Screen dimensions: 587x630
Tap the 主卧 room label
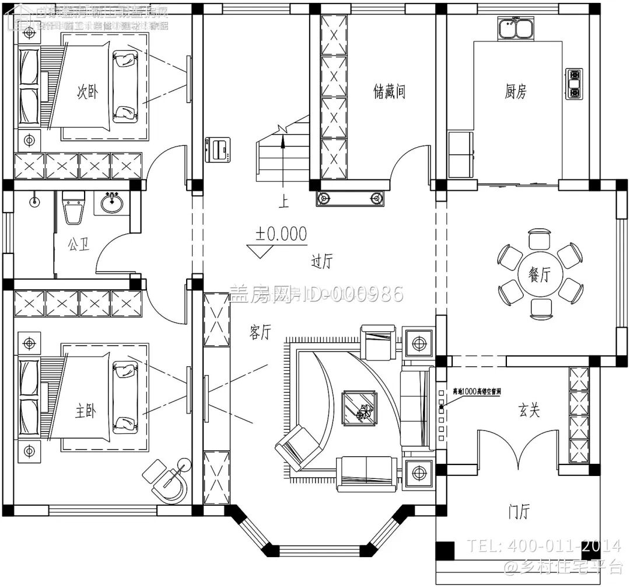86,411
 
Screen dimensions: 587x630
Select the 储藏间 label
389,91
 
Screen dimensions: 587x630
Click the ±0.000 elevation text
281,234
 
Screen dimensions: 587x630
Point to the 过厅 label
321,262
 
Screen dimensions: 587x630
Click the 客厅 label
260,332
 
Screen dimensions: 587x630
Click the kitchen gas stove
574,83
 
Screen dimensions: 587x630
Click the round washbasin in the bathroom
112,203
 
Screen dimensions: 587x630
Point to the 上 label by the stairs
283,202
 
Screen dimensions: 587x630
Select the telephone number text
544,546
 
